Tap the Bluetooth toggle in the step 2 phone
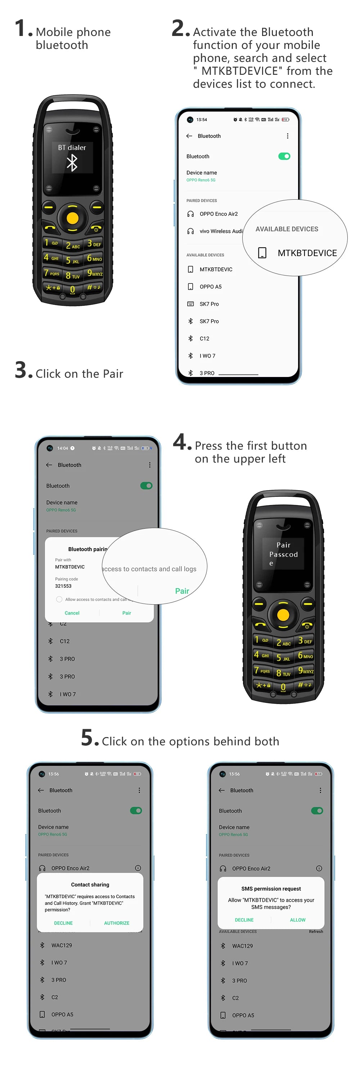coord(284,156)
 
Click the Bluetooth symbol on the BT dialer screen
coord(72,163)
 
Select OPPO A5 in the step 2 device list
coord(210,286)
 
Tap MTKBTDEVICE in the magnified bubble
coord(307,253)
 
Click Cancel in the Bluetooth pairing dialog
coord(72,613)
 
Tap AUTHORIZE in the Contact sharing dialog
coord(117,923)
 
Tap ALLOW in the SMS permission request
coord(297,919)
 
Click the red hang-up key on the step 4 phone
coord(307,625)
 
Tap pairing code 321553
coord(63,586)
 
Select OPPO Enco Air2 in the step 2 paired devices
coord(219,214)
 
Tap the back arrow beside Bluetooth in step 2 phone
coord(189,136)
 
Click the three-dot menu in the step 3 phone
coord(150,465)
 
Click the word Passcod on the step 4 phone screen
coord(283,554)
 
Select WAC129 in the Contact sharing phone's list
coord(62,945)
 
